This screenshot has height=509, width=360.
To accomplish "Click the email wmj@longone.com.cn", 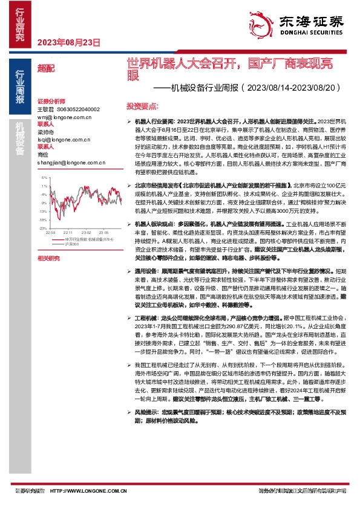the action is (x=61, y=117).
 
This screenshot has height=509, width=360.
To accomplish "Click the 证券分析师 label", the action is (x=50, y=102).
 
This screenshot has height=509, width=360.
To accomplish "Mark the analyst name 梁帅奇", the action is (x=46, y=132).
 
